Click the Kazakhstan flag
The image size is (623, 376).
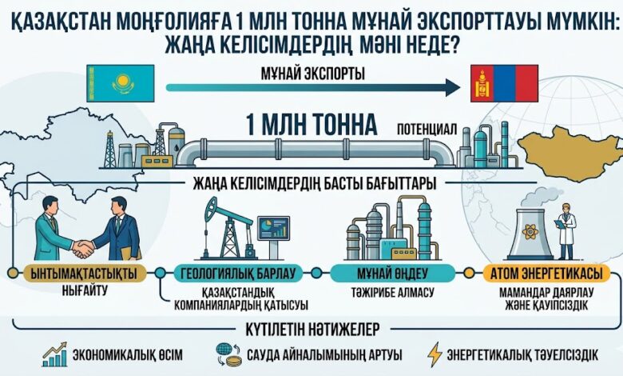(121, 82)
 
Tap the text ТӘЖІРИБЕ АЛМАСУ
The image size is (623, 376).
(387, 292)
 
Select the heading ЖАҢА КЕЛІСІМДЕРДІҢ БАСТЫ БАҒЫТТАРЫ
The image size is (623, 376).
(314, 183)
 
